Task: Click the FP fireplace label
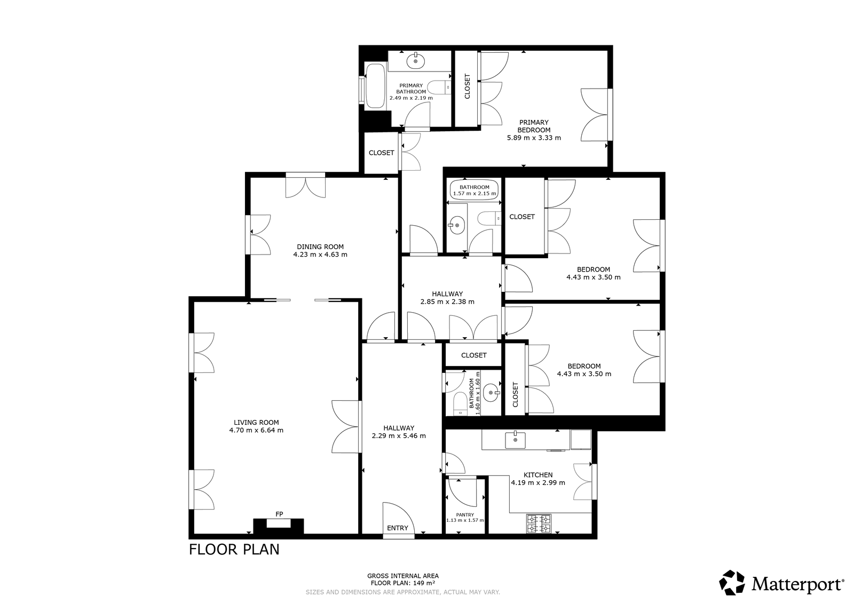click(x=279, y=514)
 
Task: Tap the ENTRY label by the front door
click(x=398, y=528)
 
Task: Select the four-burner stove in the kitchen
click(x=539, y=523)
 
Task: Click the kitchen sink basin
click(x=516, y=440)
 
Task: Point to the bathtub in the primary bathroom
click(x=375, y=86)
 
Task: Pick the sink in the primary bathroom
click(x=416, y=61)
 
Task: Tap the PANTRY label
click(x=465, y=514)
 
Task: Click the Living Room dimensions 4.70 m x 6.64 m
click(x=256, y=430)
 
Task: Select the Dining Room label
click(x=320, y=247)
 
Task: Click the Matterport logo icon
click(x=732, y=583)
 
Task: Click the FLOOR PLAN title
click(x=234, y=550)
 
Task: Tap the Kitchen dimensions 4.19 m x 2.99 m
click(x=538, y=483)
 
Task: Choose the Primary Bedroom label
click(x=534, y=126)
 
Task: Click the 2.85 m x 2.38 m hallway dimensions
click(x=447, y=302)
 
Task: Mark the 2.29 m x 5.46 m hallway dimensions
click(x=399, y=436)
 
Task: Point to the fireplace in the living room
click(x=279, y=526)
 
